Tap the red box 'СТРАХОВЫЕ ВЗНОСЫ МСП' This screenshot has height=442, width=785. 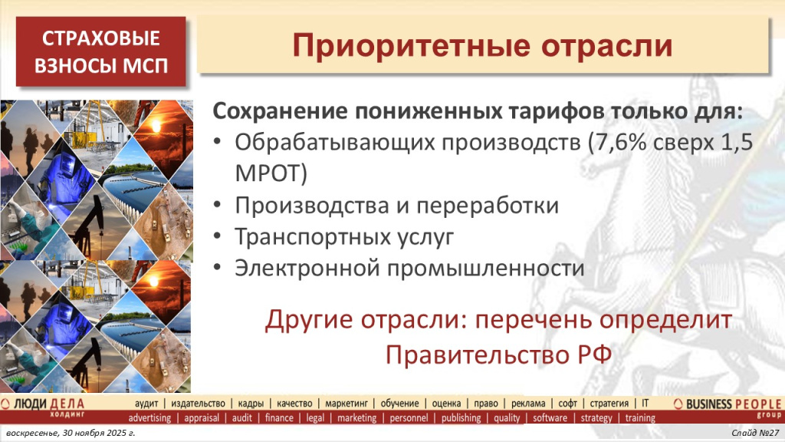click(102, 51)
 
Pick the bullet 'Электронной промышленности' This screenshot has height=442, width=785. click(409, 269)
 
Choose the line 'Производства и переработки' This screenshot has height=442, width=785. click(396, 206)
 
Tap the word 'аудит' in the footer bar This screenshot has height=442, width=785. click(146, 404)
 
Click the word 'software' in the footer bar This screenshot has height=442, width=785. click(550, 418)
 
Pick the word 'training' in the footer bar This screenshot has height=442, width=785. click(640, 418)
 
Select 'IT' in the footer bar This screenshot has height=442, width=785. click(645, 404)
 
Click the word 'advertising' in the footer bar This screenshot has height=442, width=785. click(149, 418)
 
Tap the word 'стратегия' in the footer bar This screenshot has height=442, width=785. click(609, 404)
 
